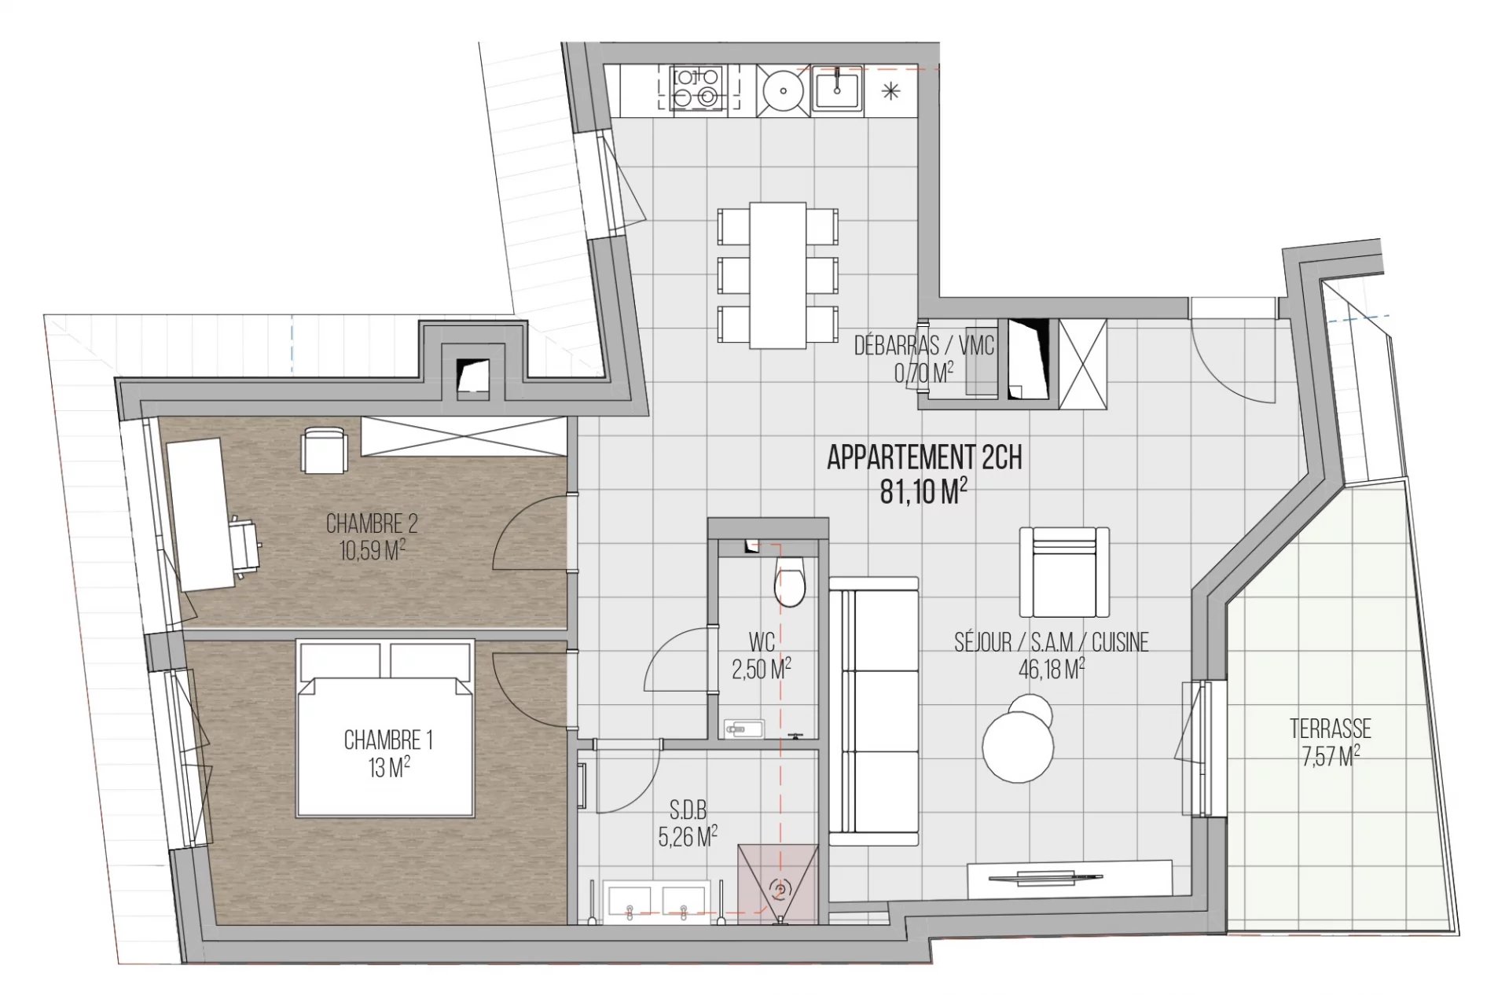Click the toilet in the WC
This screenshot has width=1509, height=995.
790,581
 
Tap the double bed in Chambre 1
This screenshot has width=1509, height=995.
385,728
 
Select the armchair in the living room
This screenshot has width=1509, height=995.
1064,571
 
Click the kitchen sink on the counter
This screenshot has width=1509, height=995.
838,90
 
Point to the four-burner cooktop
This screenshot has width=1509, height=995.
696,88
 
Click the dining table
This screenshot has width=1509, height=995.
778,275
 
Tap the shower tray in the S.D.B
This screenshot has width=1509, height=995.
778,884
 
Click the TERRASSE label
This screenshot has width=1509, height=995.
1331,729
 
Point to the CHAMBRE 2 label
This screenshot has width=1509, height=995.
372,523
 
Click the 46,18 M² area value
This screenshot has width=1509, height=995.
1052,669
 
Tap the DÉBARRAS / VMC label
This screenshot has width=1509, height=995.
924,346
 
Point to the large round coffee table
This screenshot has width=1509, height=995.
1019,747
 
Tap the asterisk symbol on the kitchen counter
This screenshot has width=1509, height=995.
890,91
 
